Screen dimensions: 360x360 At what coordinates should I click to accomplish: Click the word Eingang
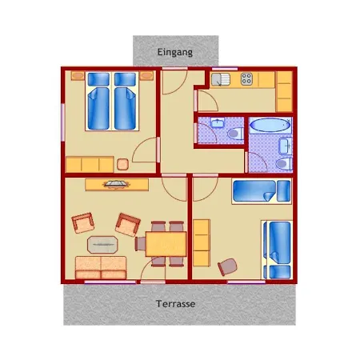175,52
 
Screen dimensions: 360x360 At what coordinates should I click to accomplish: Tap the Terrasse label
176,304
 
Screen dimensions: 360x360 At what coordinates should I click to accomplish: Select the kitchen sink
221,79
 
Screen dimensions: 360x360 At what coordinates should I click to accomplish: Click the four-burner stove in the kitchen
246,79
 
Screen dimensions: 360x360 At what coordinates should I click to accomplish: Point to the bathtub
270,126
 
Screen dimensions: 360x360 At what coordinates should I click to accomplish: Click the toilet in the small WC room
235,134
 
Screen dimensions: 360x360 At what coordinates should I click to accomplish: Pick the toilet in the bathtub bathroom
284,163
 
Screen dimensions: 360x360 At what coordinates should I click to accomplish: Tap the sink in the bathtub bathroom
286,146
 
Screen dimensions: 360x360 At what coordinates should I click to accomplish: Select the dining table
166,244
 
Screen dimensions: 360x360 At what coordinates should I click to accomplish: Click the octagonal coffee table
102,244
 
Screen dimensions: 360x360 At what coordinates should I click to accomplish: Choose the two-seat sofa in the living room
101,267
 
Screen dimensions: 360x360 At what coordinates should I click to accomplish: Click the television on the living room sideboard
117,184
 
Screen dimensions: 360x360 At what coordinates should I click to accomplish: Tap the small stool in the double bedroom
122,164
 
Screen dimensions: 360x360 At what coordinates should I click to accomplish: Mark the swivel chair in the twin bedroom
227,266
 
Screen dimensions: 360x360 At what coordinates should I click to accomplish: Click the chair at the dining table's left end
140,244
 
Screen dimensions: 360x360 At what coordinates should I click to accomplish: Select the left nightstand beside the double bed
78,76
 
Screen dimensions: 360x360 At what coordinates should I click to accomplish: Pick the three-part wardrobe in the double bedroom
90,165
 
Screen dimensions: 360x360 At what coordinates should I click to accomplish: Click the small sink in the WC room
218,122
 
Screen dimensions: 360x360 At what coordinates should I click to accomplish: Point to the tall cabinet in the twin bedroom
202,242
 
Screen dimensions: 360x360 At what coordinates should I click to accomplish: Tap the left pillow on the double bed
98,79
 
